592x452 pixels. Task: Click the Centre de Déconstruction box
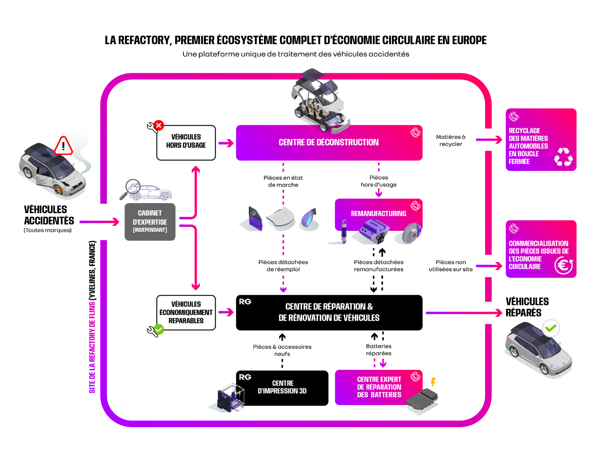click(329, 143)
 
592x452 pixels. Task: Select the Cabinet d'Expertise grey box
click(150, 222)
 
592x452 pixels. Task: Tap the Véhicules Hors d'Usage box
click(186, 142)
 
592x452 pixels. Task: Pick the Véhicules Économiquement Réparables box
click(186, 313)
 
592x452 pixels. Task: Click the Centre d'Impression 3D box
click(282, 388)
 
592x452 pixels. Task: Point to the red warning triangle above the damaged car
click(64, 146)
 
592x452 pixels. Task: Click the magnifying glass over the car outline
click(132, 187)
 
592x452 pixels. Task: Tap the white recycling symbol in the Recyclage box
click(563, 157)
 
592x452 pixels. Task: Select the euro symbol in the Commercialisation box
click(564, 265)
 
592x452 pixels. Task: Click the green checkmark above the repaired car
click(550, 328)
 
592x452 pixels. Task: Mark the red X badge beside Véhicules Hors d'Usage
click(159, 125)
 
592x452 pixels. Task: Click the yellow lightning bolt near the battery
click(433, 382)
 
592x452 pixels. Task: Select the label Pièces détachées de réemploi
click(283, 266)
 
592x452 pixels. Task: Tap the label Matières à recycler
click(451, 141)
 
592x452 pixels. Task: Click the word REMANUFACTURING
click(379, 214)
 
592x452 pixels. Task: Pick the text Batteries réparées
click(379, 350)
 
